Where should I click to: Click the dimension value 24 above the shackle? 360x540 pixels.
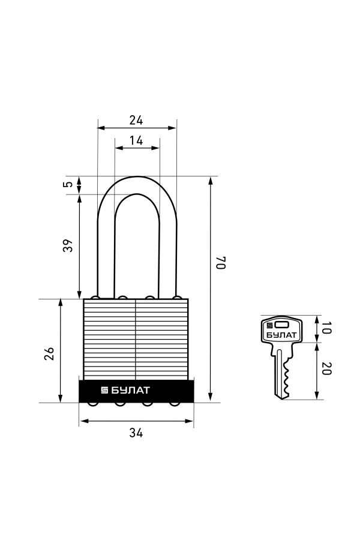[136, 120]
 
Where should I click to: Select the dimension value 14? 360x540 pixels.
[136, 140]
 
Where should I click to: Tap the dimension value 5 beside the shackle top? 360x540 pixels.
[68, 184]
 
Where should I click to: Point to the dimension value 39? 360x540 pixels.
[68, 245]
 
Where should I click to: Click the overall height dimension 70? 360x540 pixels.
[221, 263]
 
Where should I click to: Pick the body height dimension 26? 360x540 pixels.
[49, 353]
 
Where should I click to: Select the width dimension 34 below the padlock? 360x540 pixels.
[136, 433]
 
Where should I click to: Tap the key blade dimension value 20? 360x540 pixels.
[326, 368]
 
